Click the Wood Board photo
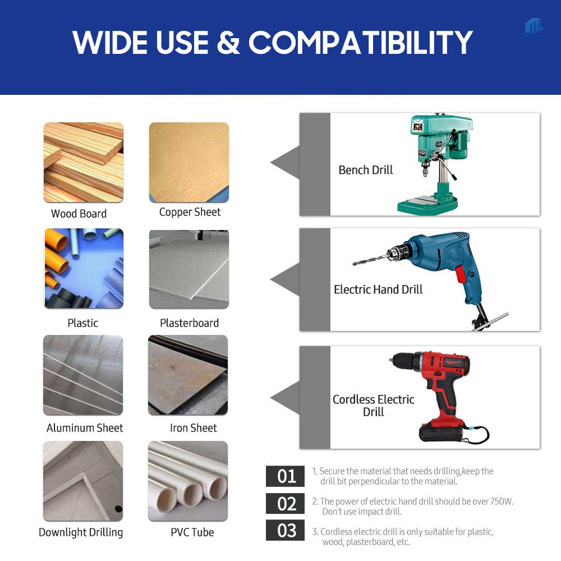point(84,162)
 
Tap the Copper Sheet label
point(190,212)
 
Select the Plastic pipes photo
point(84,268)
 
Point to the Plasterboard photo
point(188,269)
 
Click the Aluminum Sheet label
point(85,428)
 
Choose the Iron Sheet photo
point(188,375)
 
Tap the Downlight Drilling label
point(81,532)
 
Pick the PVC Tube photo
point(188,481)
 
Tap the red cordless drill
point(443,393)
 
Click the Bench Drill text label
point(366,170)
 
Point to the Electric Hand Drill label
point(378,289)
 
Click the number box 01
point(287,476)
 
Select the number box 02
point(287,503)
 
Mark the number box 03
point(287,530)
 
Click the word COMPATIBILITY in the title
point(360,42)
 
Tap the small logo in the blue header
point(534,26)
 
